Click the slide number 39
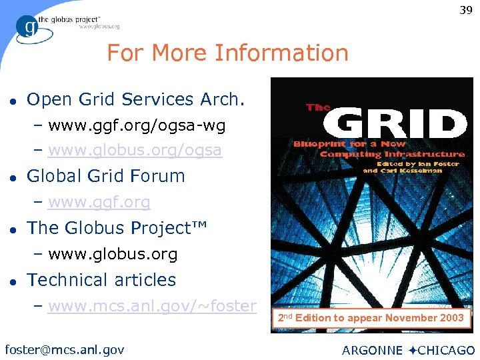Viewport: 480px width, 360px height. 465,10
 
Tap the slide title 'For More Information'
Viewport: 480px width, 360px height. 227,53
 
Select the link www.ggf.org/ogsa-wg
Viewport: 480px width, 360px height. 137,125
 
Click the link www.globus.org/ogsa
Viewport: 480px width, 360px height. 135,151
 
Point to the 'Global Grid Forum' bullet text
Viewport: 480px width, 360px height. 105,177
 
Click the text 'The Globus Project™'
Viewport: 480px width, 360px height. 117,228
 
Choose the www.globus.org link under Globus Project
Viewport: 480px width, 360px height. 113,255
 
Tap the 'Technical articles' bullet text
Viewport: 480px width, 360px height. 101,280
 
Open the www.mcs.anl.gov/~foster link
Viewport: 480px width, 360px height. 152,307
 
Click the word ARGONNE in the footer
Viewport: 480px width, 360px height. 372,350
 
